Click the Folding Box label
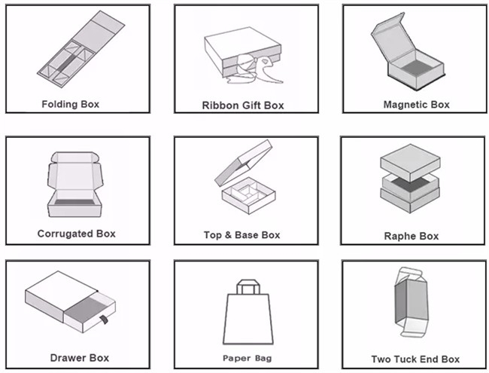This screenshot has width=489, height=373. [71, 104]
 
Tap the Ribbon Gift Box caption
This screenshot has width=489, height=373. [243, 105]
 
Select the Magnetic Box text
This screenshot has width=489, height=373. [417, 105]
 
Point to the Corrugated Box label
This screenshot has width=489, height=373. [77, 234]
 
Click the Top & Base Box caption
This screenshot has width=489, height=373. [242, 235]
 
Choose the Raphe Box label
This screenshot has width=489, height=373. [412, 236]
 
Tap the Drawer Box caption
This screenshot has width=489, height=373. [80, 358]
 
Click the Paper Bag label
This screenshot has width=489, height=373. [247, 359]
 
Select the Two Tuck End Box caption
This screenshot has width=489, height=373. [415, 359]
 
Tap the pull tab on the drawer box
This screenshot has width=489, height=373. [104, 320]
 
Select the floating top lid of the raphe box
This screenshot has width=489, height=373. [411, 162]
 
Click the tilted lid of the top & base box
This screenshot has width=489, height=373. [243, 163]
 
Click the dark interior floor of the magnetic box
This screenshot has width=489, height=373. [415, 68]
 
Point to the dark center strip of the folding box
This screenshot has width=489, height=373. [67, 63]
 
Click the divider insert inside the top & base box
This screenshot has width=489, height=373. [246, 192]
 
